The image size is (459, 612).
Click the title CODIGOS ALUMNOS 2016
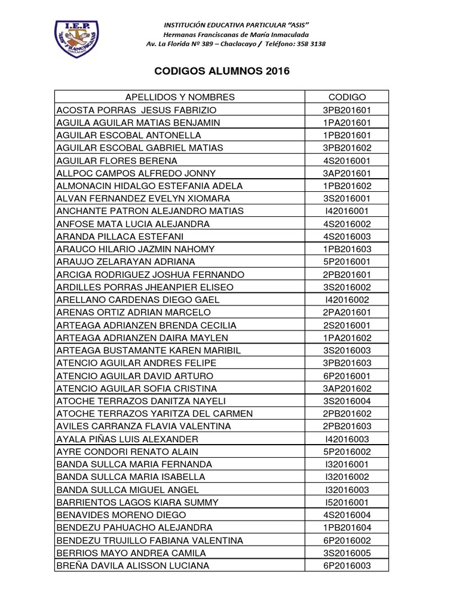(x=222, y=71)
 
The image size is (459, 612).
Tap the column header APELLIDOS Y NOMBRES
(x=179, y=97)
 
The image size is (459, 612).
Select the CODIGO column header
(x=347, y=97)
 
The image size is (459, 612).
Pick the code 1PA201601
(x=347, y=123)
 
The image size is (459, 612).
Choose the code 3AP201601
(x=347, y=173)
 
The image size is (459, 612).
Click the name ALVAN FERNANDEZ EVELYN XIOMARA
(x=142, y=198)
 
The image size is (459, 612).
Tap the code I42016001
(x=347, y=210)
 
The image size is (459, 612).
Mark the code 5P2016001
(x=347, y=261)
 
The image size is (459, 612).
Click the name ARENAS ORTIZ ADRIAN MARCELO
(x=132, y=312)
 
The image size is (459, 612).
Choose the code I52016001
(x=347, y=501)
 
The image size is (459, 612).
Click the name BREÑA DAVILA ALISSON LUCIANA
(x=133, y=565)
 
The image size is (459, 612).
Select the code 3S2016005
(x=347, y=552)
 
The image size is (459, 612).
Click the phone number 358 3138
(x=310, y=44)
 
